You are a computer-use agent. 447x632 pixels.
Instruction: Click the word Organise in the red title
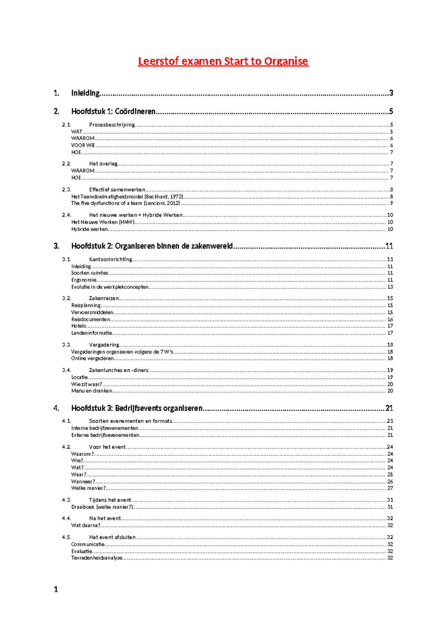point(286,61)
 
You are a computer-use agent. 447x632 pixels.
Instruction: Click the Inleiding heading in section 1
point(85,93)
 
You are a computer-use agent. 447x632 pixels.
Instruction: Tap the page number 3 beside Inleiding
point(391,93)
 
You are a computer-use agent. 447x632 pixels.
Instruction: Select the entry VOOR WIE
point(83,145)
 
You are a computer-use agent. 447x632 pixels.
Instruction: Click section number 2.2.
point(66,164)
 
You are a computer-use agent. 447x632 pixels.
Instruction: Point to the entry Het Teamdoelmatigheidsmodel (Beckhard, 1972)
point(127,196)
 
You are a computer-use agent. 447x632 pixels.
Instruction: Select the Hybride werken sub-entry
point(90,229)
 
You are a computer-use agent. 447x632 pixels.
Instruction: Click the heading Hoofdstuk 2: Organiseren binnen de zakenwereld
point(152,246)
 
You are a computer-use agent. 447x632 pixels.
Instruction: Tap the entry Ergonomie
point(84,280)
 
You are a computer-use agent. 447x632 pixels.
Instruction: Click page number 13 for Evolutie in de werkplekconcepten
point(390,287)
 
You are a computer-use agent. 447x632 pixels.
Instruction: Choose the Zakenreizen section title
point(104,298)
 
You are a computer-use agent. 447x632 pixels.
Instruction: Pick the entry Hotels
point(79,326)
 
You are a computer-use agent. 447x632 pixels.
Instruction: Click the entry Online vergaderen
point(92,358)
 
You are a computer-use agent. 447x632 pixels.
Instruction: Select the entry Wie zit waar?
point(86,384)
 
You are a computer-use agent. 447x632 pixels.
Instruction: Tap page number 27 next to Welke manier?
point(390,488)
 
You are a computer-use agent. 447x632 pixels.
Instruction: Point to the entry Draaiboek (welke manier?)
point(102,507)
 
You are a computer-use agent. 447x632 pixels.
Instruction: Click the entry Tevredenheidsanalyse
point(96,558)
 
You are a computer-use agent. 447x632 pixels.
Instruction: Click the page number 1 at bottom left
point(56,589)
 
